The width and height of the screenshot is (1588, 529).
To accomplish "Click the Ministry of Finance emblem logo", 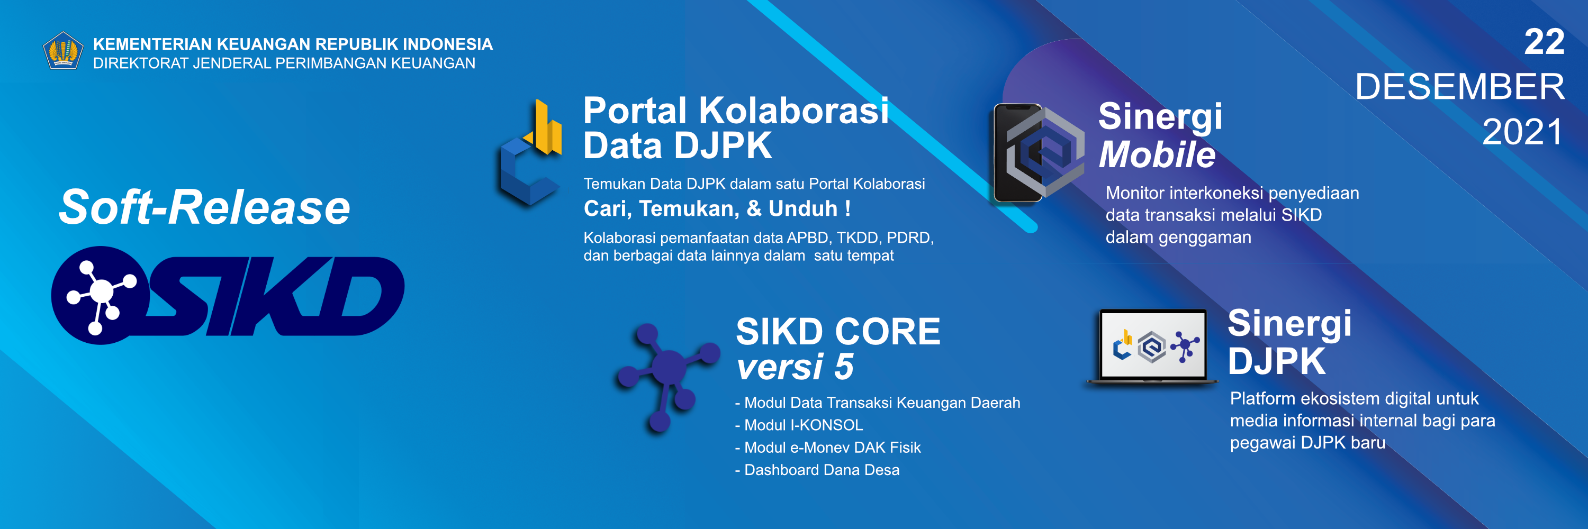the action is (63, 50).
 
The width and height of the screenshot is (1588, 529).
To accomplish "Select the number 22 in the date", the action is (1544, 42).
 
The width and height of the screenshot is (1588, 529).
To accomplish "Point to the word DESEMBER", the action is (1460, 86).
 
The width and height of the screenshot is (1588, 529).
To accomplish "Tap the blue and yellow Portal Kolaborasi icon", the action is (531, 152).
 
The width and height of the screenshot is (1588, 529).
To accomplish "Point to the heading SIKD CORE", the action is (838, 331).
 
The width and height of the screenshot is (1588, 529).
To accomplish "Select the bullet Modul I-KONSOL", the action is (799, 425).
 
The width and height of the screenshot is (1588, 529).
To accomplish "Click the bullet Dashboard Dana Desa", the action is (817, 470).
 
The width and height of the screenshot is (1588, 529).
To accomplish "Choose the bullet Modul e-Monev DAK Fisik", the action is (828, 448).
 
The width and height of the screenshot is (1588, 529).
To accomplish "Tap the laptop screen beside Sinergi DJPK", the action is (1153, 345).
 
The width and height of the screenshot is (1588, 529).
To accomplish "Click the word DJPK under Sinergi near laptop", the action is (1277, 361).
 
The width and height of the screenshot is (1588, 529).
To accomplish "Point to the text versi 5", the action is (795, 367).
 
